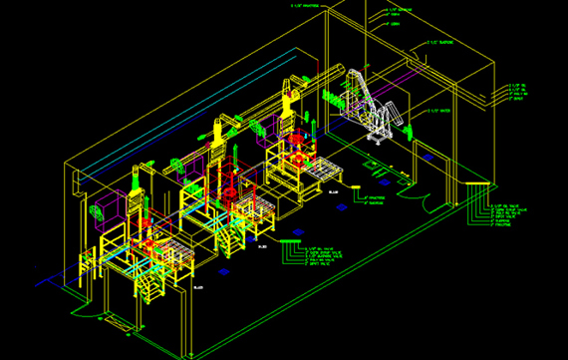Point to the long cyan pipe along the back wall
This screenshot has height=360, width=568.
[179, 120]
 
